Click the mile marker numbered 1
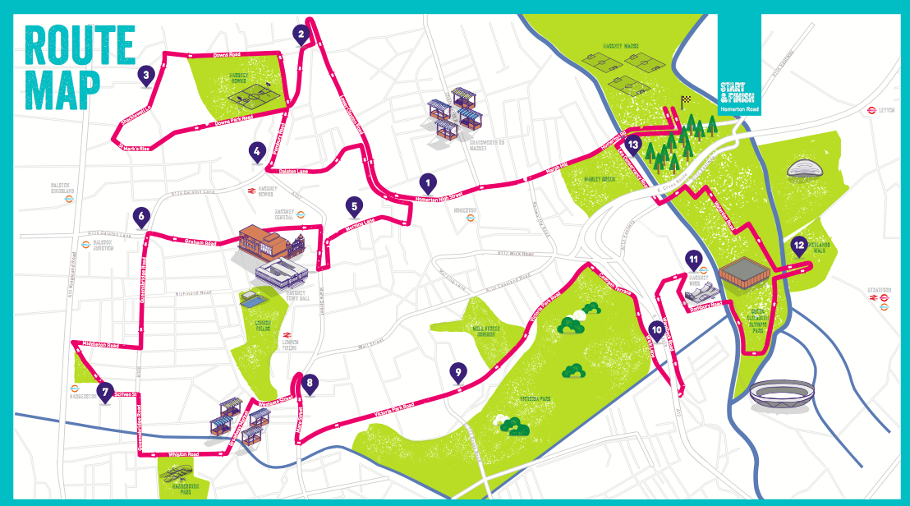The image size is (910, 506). pyautogui.click(x=426, y=182)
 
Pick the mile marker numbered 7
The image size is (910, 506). pyautogui.click(x=104, y=392)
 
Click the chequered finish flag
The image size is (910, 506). pyautogui.click(x=685, y=103)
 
